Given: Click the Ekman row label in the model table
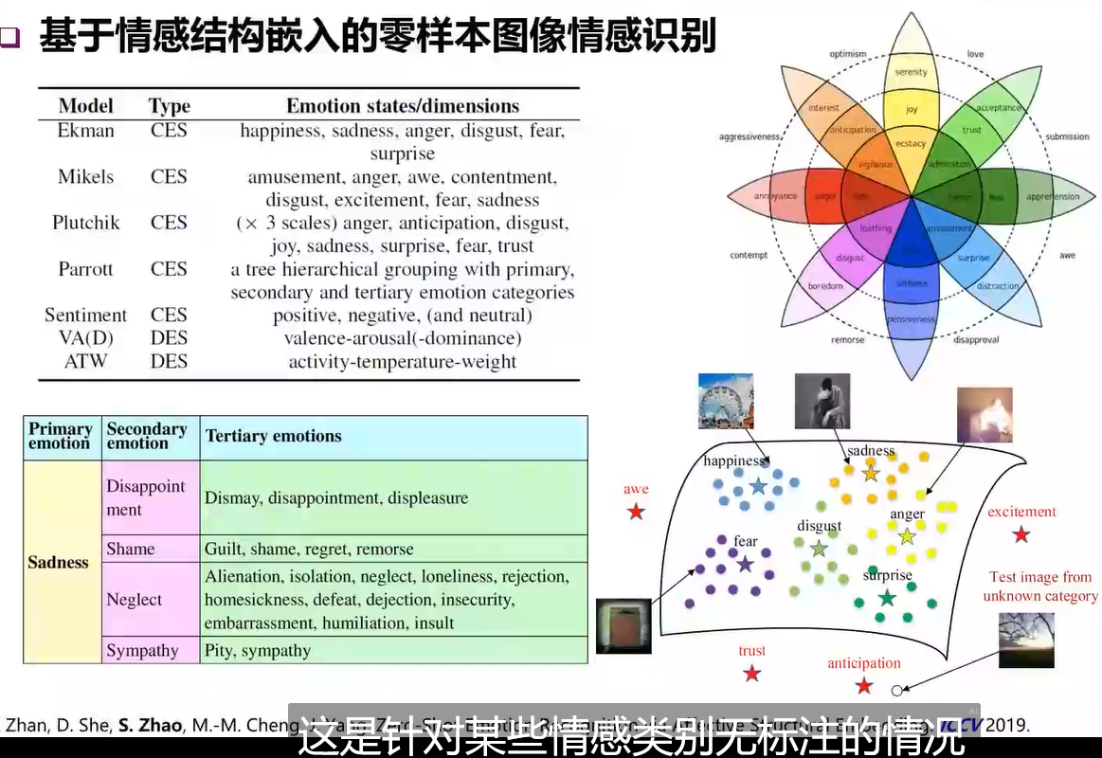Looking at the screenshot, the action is pos(85,131).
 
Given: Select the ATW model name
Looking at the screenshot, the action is pos(85,361).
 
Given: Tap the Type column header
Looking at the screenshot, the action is pos(170,106).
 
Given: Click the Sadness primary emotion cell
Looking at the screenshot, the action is pos(58,562).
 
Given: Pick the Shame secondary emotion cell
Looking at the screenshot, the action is pos(131,549).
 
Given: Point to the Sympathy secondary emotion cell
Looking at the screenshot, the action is pos(142,650).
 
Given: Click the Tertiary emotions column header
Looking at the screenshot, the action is pos(274,436).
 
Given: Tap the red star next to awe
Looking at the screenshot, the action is pos(636,512).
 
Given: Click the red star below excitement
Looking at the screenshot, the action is pos(1021,534).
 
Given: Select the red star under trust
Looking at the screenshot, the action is pos(751,674).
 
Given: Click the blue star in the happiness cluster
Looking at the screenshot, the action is pos(758,486).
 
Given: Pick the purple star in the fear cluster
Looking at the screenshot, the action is pos(745,564).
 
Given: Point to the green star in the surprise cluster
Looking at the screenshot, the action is pos(887,598).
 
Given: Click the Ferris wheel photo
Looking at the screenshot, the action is pos(725,400).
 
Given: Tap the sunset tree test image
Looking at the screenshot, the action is pos(1026,640).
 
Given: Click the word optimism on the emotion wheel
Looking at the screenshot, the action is pos(848,54).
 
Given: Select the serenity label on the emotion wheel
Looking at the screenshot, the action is pos(912,72).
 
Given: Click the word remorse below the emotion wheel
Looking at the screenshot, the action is pos(847,339).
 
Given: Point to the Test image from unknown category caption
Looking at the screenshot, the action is pos(1040,587).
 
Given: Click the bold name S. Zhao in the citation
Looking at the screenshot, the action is pos(150,726).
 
